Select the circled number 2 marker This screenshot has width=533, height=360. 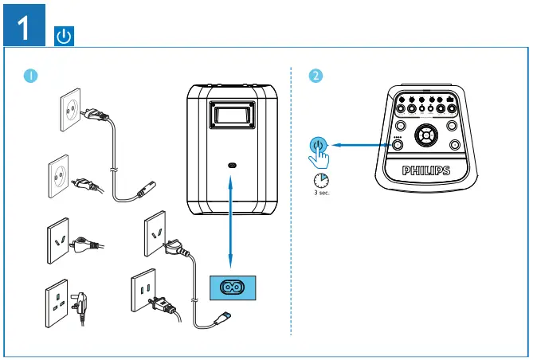pyautogui.click(x=316, y=76)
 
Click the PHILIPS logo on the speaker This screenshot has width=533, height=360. pyautogui.click(x=426, y=170)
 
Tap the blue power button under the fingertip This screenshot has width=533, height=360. pyautogui.click(x=318, y=145)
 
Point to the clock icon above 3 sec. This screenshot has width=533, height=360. pyautogui.click(x=320, y=179)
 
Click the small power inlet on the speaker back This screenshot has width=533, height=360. pyautogui.click(x=232, y=164)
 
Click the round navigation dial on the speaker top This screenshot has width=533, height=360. pyautogui.click(x=426, y=135)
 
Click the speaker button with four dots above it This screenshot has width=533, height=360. pyautogui.click(x=398, y=147)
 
